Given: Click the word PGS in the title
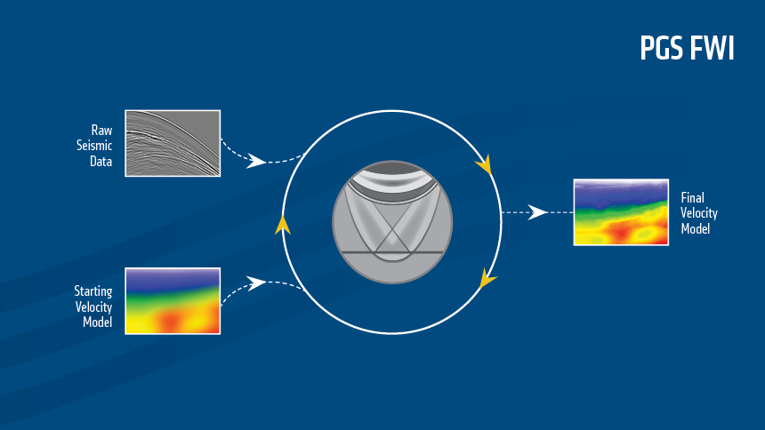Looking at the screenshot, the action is [664, 49].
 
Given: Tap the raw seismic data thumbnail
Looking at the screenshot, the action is [173, 142].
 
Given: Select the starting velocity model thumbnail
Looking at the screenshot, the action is [173, 300].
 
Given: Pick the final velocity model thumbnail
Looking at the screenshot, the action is [621, 212].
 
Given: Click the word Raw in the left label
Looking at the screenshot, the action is [101, 129].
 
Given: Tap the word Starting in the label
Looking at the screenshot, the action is [93, 290].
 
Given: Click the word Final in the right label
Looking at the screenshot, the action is [693, 197].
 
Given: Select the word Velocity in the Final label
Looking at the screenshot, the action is [699, 213].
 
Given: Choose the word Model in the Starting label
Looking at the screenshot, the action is [96, 322].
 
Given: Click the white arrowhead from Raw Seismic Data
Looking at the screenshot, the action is [257, 161].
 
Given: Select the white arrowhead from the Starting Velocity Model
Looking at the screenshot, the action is [257, 283].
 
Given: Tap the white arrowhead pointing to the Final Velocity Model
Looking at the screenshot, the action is [537, 212].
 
